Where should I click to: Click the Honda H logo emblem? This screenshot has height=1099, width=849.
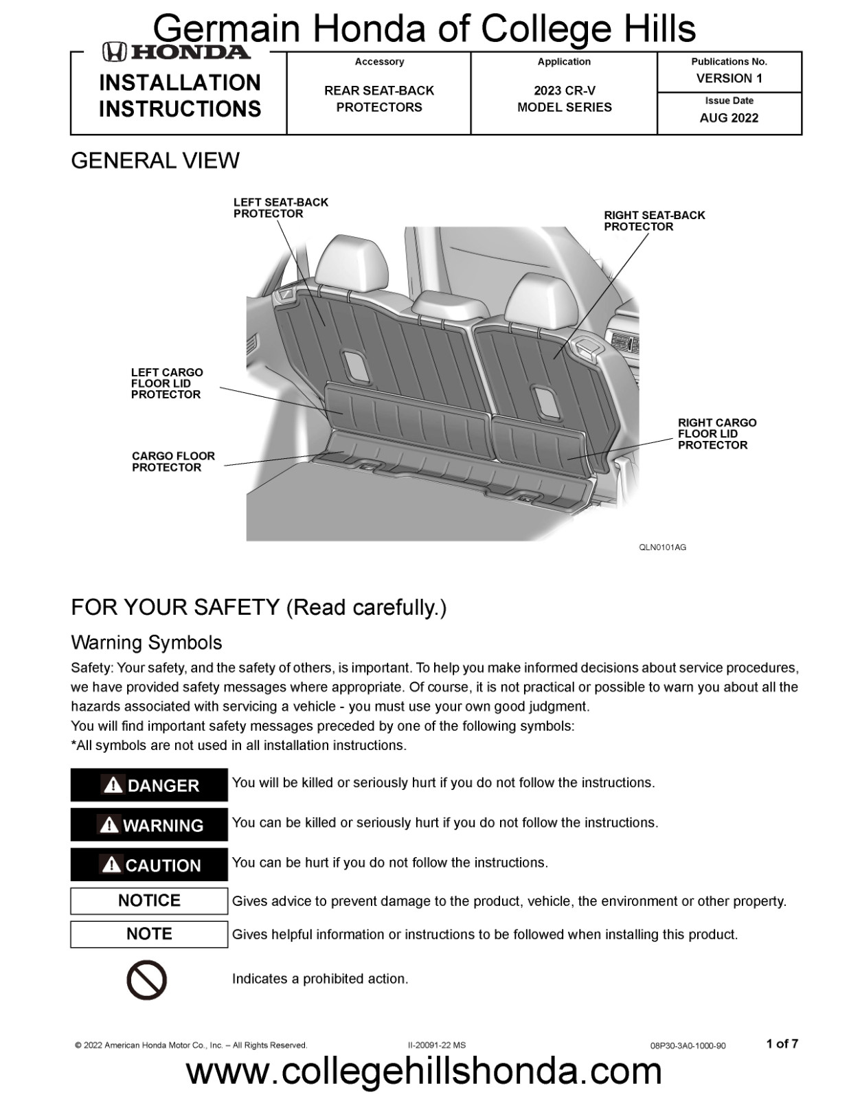114,52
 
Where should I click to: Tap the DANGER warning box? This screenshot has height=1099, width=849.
149,785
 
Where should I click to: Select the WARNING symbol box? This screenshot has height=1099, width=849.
149,825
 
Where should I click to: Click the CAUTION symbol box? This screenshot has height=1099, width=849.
149,865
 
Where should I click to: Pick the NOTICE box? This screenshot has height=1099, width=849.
149,900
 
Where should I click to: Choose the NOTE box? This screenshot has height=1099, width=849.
149,934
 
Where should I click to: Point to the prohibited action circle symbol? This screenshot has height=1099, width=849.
147,979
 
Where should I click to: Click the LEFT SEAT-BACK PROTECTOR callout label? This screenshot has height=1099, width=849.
280,208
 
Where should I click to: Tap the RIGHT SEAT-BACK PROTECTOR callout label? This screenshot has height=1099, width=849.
654,221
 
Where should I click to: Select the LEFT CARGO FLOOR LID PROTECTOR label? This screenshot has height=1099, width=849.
167,383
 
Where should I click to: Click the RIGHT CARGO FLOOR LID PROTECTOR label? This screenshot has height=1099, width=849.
716,434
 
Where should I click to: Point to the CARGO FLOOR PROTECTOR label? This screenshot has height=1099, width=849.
173,462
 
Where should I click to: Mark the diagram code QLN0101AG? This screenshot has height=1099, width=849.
662,547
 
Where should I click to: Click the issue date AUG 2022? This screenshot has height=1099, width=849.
729,118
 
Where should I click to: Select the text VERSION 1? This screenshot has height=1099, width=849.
729,78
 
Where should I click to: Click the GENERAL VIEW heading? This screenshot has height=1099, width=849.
155,161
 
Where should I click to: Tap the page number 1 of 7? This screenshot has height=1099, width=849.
782,1044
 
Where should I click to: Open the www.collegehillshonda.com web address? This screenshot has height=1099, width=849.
424,1072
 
